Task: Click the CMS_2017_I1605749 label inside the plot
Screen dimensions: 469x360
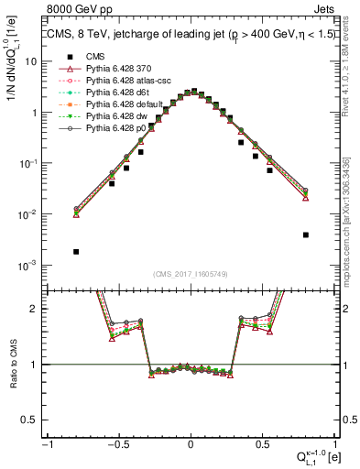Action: tap(191, 274)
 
